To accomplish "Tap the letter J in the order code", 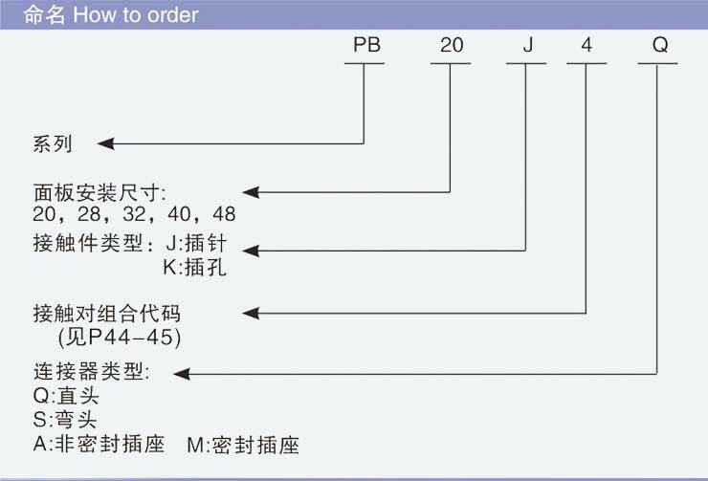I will (x=525, y=45).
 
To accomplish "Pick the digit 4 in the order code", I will (x=586, y=45).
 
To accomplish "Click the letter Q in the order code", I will (x=658, y=45).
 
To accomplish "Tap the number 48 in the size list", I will (x=225, y=213).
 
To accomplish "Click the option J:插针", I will (x=195, y=244).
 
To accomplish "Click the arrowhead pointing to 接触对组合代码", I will (x=253, y=312).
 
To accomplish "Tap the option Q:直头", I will (x=65, y=395).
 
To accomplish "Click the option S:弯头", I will (x=64, y=420).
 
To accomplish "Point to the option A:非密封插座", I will (x=99, y=446).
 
